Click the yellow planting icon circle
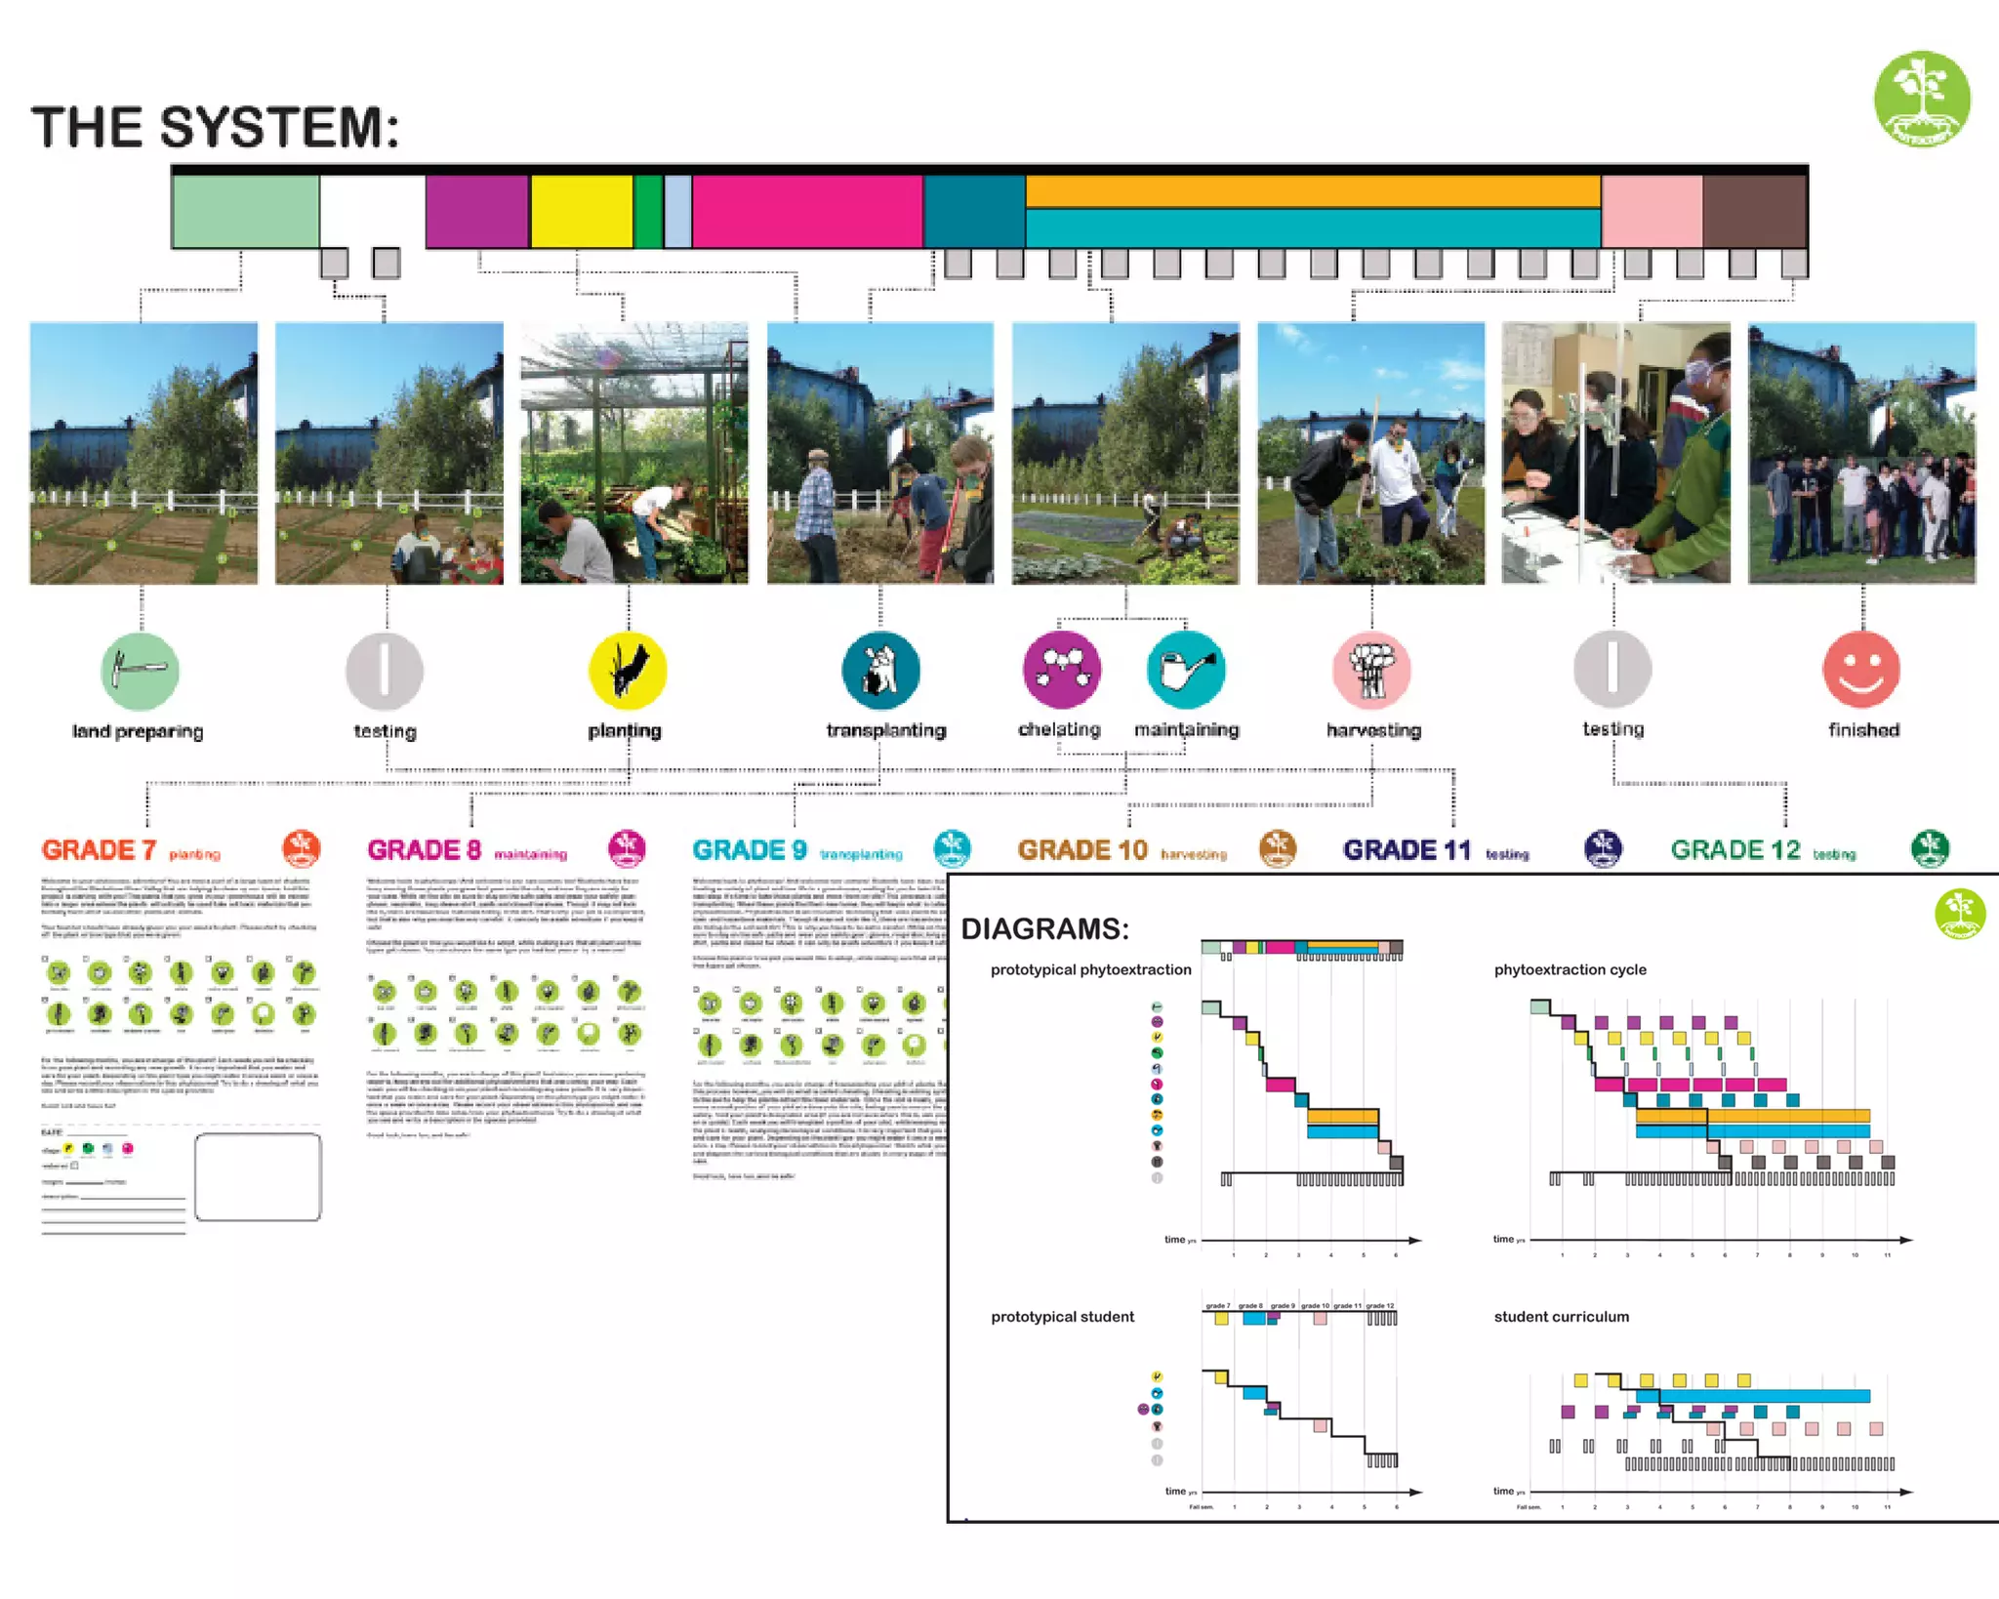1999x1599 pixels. pyautogui.click(x=628, y=671)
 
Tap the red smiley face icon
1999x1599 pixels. pyautogui.click(x=1861, y=670)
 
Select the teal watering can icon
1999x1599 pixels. pyautogui.click(x=1186, y=670)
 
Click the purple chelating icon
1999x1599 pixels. pyautogui.click(x=1062, y=670)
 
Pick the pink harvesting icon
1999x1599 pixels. pyautogui.click(x=1371, y=670)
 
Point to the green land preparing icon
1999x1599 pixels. pyautogui.click(x=140, y=671)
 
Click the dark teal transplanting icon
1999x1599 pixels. pyautogui.click(x=880, y=670)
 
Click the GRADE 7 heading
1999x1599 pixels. pyautogui.click(x=99, y=850)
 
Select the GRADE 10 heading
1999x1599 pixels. pyautogui.click(x=1082, y=850)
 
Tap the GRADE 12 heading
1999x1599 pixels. pyautogui.click(x=1734, y=850)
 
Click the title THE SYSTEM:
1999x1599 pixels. pyautogui.click(x=216, y=128)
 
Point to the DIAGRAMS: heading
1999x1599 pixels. pyautogui.click(x=1044, y=928)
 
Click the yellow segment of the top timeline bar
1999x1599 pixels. pyautogui.click(x=582, y=211)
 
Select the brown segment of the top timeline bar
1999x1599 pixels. pyautogui.click(x=1754, y=211)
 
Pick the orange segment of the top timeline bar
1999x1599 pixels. pyautogui.click(x=1313, y=191)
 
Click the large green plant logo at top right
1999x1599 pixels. pyautogui.click(x=1921, y=99)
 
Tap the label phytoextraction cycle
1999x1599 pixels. pyautogui.click(x=1570, y=969)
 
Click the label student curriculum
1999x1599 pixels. pyautogui.click(x=1561, y=1317)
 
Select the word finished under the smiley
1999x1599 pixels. pyautogui.click(x=1863, y=730)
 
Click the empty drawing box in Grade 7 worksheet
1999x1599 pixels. pyautogui.click(x=258, y=1177)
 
